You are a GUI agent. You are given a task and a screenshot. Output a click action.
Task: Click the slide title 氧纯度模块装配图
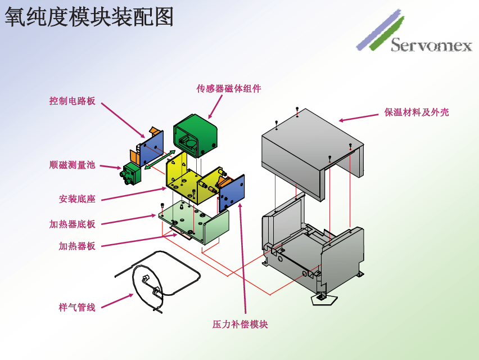click(89, 17)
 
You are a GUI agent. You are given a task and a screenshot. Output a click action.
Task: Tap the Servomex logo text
click(431, 45)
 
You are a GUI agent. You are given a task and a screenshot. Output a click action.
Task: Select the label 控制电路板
click(72, 101)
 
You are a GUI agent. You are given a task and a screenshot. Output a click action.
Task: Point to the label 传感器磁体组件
click(229, 88)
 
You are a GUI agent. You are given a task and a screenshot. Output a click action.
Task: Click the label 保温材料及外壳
click(417, 112)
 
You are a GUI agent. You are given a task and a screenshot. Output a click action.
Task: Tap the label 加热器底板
click(72, 224)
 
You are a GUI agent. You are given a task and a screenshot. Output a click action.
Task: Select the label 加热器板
click(77, 246)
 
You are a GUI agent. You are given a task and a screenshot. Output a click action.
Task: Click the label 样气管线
click(77, 307)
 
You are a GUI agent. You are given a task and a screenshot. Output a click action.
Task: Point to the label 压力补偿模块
click(240, 325)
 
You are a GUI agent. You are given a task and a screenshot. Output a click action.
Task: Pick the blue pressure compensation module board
click(232, 191)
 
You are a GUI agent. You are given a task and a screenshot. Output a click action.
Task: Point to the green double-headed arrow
click(160, 160)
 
